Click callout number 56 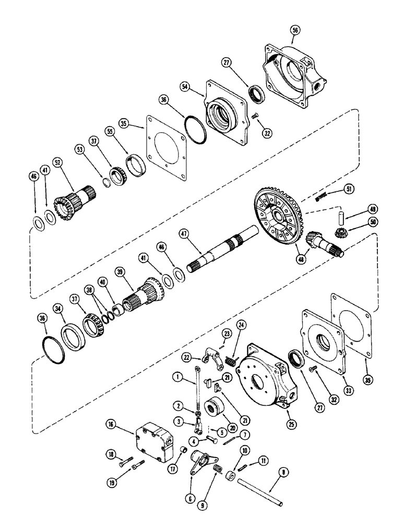pyautogui.click(x=295, y=31)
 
